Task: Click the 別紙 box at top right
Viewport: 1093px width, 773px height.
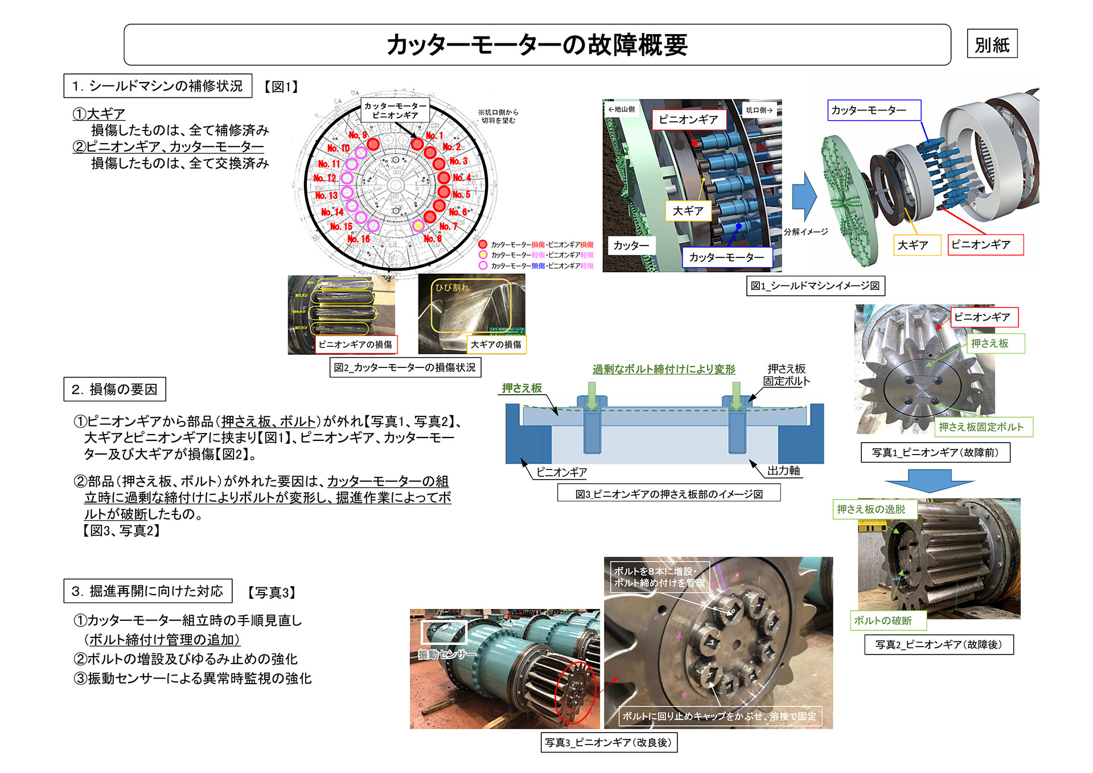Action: (992, 44)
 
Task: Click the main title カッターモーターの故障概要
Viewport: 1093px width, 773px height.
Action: (537, 44)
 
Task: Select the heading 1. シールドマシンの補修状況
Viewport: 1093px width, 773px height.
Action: (158, 86)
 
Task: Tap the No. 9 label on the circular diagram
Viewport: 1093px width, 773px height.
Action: (358, 135)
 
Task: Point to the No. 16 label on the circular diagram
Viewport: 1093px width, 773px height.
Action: (359, 239)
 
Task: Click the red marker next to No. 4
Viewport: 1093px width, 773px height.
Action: (444, 178)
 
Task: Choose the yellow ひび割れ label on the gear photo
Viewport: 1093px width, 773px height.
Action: (452, 288)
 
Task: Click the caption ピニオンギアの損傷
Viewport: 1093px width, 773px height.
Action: (356, 345)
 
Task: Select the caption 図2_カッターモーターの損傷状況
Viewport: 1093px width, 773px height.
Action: (405, 367)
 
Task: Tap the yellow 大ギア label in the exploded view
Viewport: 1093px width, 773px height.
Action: (913, 245)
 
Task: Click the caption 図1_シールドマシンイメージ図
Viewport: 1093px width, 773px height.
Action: (815, 285)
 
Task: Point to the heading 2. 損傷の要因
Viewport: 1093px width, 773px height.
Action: (114, 389)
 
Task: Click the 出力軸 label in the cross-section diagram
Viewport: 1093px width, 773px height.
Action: (783, 471)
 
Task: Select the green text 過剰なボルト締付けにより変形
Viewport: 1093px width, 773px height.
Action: (664, 369)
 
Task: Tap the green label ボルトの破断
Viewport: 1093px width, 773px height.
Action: (882, 620)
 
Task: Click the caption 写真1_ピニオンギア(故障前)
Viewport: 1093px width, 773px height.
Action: (935, 452)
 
